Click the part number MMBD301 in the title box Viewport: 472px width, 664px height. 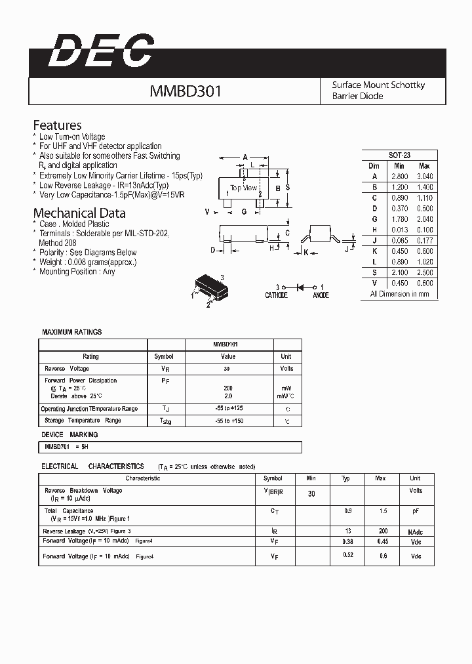[186, 91]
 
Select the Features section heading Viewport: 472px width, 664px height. [58, 125]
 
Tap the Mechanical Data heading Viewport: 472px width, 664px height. [79, 213]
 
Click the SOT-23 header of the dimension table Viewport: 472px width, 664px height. [399, 156]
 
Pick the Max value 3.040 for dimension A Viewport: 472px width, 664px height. [424, 176]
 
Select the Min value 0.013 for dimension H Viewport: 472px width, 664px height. [399, 230]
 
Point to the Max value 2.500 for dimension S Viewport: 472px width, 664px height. [424, 272]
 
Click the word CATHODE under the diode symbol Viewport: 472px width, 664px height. [276, 295]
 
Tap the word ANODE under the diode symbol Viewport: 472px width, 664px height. [321, 295]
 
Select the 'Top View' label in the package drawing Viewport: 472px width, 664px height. [243, 188]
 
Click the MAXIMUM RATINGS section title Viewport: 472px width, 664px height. [72, 332]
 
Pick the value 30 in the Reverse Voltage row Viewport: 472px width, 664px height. [228, 369]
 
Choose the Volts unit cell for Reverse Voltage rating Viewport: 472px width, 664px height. [287, 369]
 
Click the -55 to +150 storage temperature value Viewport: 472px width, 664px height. [228, 421]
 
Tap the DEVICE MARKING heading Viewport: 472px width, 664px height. [69, 434]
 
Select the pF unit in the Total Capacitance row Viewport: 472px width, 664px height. [415, 510]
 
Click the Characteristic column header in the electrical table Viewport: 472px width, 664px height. [143, 478]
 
